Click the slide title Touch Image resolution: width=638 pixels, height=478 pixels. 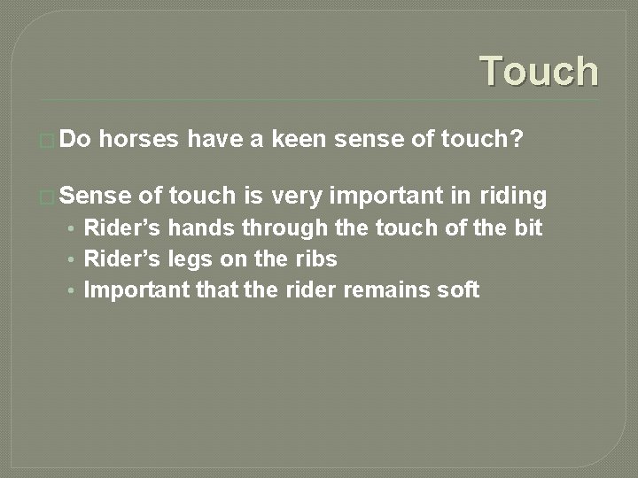pyautogui.click(x=539, y=71)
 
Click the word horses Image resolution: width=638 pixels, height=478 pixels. pyautogui.click(x=144, y=140)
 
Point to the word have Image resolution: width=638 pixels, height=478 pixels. pyautogui.click(x=217, y=140)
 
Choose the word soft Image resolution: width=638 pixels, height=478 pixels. pyautogui.click(x=457, y=289)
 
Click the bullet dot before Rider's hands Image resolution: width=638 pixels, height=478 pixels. pyautogui.click(x=69, y=228)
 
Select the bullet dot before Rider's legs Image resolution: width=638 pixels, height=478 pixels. pyautogui.click(x=69, y=259)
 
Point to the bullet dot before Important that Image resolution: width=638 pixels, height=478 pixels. pyautogui.click(x=69, y=290)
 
